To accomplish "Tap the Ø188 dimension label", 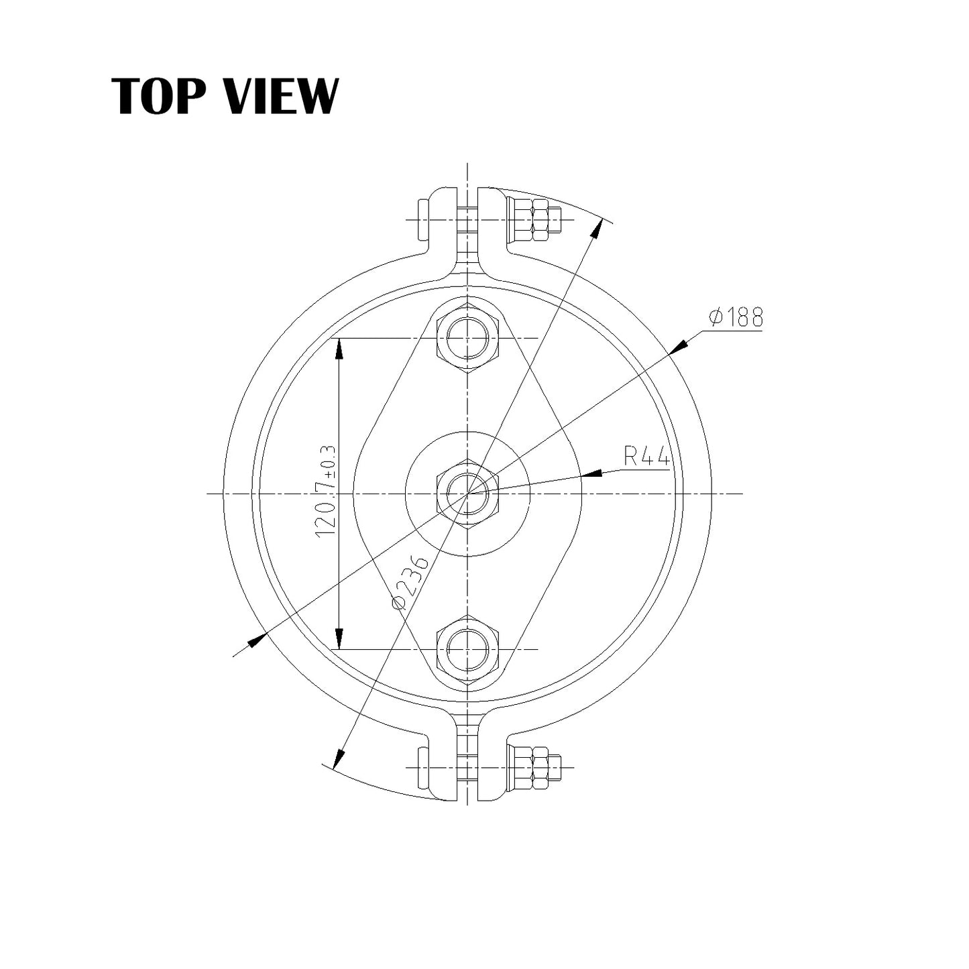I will (736, 317).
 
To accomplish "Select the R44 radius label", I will (646, 457).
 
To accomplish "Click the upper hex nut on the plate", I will (467, 338).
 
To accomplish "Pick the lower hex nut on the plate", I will (467, 649).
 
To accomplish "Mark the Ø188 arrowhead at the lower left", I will (257, 640).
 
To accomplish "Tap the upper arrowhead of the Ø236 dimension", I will (594, 230).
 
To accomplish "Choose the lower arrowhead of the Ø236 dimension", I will (339, 757).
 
